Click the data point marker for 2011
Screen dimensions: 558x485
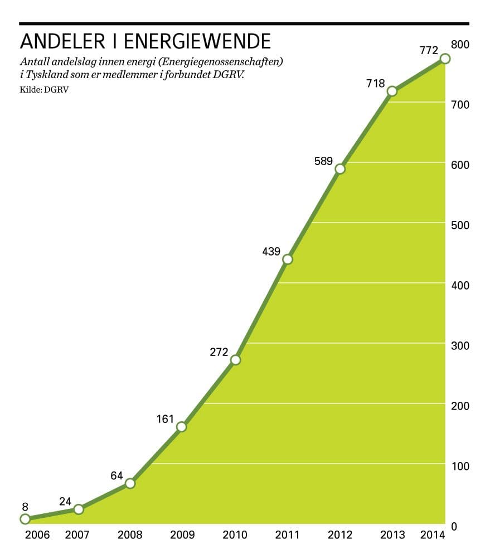287,259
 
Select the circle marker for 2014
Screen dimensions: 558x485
445,59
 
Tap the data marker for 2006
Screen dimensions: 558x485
25,519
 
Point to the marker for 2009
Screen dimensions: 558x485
181,427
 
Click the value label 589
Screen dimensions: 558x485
323,162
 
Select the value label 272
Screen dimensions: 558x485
219,352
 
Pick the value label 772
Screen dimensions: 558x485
429,51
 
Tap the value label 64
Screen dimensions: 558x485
117,475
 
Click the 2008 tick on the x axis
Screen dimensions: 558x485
130,535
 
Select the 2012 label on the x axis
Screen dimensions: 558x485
340,535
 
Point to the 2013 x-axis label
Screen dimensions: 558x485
392,535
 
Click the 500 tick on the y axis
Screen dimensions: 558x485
460,225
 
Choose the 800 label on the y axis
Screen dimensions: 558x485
460,44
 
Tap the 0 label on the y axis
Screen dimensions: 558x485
454,526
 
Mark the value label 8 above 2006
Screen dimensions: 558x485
25,507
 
